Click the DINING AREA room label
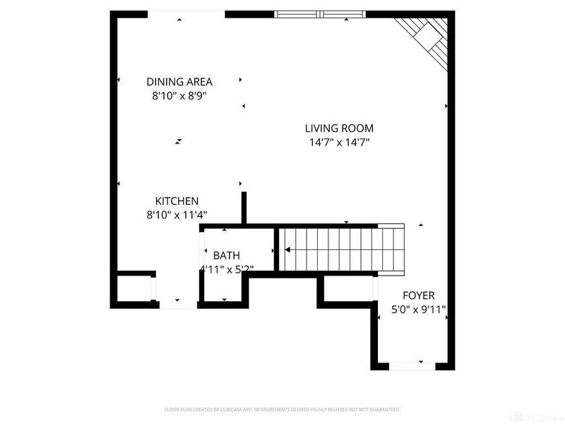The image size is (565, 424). point(179,81)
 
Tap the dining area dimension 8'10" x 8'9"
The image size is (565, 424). point(179,95)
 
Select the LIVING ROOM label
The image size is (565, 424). point(339,128)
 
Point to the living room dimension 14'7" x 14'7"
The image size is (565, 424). point(339,142)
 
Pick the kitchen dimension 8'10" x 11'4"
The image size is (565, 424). point(177,215)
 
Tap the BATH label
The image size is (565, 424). point(227,255)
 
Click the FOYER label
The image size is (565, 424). point(418,295)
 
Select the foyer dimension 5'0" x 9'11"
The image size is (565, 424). point(418,309)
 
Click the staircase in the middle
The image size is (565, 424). point(343,249)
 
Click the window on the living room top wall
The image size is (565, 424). point(321,13)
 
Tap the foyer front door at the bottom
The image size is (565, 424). point(411,365)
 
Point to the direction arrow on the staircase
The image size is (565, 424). point(287,249)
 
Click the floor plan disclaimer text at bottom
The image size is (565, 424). point(282,409)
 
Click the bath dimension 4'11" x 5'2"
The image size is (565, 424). point(227,269)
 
